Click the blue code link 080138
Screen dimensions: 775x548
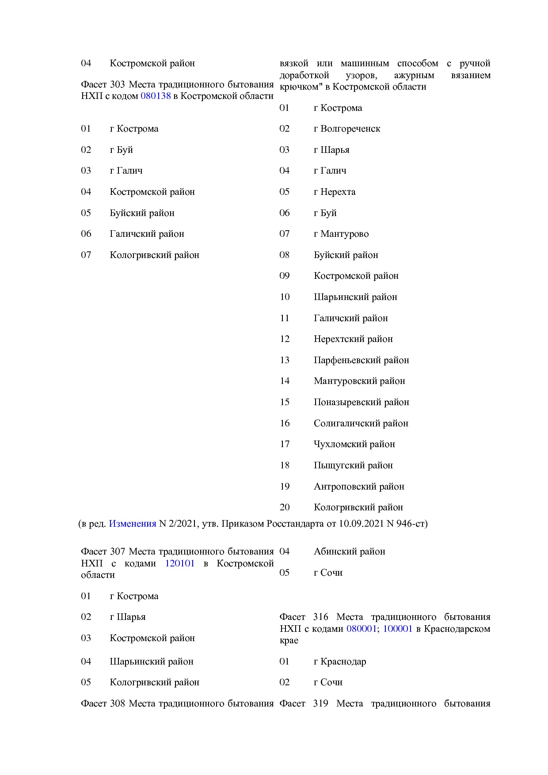click(156, 96)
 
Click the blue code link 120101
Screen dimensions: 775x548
click(180, 563)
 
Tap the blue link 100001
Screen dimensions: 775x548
click(397, 629)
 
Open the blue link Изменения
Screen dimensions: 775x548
click(133, 524)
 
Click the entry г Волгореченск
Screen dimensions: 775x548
click(347, 129)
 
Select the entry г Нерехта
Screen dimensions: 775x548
click(335, 192)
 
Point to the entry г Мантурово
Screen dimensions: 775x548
click(341, 234)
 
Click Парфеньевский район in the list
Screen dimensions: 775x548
click(362, 360)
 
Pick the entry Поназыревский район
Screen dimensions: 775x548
click(362, 402)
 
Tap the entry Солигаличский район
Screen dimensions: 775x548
click(361, 423)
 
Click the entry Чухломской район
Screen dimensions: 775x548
click(354, 444)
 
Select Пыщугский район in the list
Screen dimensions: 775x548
click(353, 465)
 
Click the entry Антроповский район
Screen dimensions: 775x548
click(359, 486)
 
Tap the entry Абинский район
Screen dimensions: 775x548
click(350, 551)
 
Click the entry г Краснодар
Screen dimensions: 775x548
click(340, 661)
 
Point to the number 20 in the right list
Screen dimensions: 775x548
click(285, 507)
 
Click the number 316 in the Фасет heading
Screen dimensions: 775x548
click(320, 617)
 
